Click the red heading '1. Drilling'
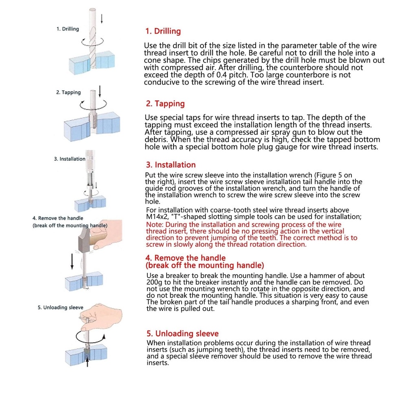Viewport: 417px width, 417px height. point(163,31)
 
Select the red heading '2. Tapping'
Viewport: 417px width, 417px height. point(165,104)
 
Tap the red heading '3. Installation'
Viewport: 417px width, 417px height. point(171,165)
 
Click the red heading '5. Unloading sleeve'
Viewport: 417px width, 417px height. point(182,334)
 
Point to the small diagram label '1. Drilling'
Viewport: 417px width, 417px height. point(68,29)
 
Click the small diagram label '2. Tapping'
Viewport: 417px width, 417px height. point(68,92)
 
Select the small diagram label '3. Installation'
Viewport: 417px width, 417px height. point(70,159)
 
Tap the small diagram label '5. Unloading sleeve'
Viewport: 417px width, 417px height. point(60,307)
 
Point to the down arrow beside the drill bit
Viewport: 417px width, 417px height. point(101,18)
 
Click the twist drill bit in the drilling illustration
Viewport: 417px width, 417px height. point(93,41)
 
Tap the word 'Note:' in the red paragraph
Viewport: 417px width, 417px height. point(155,225)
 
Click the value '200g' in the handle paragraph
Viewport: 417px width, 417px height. point(155,282)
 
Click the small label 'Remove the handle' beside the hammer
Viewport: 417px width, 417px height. point(58,218)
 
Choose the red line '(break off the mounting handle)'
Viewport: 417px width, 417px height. point(205,266)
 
